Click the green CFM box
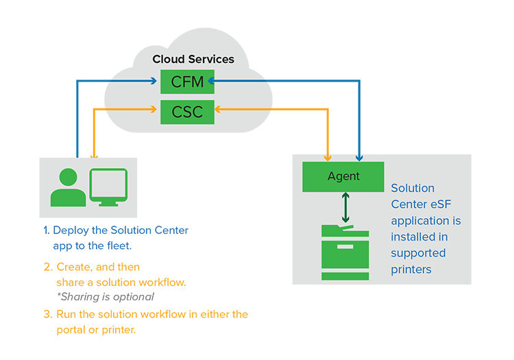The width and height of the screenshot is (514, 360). pos(187,82)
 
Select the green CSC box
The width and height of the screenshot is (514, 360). pos(187,111)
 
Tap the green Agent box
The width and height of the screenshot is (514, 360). pos(343,177)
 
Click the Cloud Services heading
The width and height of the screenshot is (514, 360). pos(193,59)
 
